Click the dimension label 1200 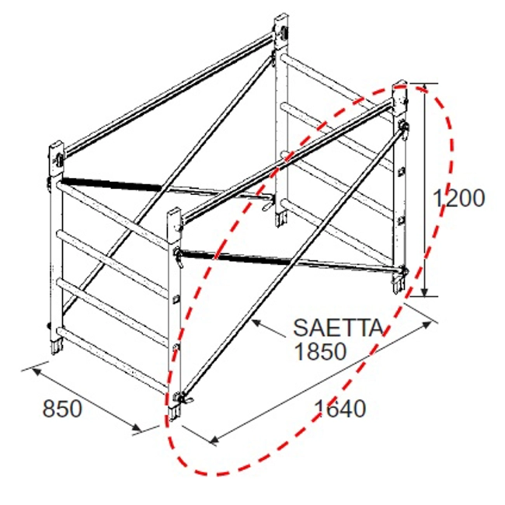pos(458,198)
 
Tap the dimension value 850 pos(62,409)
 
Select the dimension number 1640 pos(340,409)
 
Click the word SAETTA pos(338,328)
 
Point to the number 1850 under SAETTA pos(320,351)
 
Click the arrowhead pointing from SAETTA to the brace pos(256,322)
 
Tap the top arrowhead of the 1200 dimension pos(425,88)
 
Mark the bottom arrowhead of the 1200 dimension pos(425,291)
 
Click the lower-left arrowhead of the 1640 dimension pos(214,440)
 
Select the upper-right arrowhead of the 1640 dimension pos(426,324)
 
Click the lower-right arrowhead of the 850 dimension pos(137,428)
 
